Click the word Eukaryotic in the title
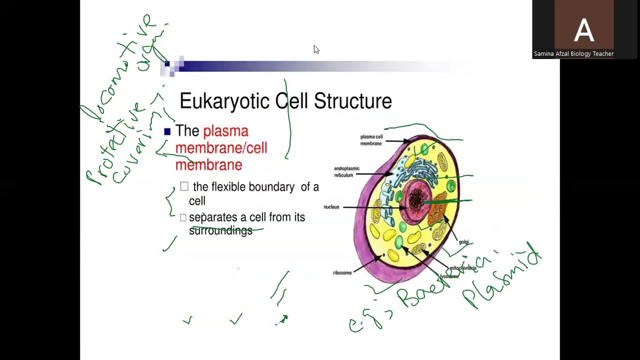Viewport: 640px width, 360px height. click(x=225, y=101)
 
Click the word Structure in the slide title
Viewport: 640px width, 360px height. click(x=353, y=101)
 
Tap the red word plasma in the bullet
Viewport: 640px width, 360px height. click(x=225, y=131)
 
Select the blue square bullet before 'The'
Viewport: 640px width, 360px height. click(x=167, y=131)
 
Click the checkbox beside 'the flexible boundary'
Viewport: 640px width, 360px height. click(x=184, y=186)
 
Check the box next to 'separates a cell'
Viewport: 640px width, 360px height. click(x=183, y=217)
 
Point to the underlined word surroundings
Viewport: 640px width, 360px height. click(x=220, y=230)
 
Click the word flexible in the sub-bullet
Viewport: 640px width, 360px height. click(x=228, y=187)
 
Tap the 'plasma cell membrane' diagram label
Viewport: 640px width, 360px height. click(x=371, y=140)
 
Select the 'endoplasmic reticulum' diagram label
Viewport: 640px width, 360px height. click(x=346, y=171)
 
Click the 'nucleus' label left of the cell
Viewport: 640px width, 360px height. click(x=331, y=207)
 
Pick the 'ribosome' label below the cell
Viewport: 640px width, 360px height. click(x=342, y=272)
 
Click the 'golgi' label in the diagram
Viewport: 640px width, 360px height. click(x=464, y=242)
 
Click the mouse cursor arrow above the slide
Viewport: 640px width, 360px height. click(x=316, y=49)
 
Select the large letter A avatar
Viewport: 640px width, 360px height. click(x=583, y=30)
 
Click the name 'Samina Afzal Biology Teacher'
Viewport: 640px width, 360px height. click(x=573, y=54)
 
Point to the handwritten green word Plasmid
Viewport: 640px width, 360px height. click(x=502, y=277)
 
